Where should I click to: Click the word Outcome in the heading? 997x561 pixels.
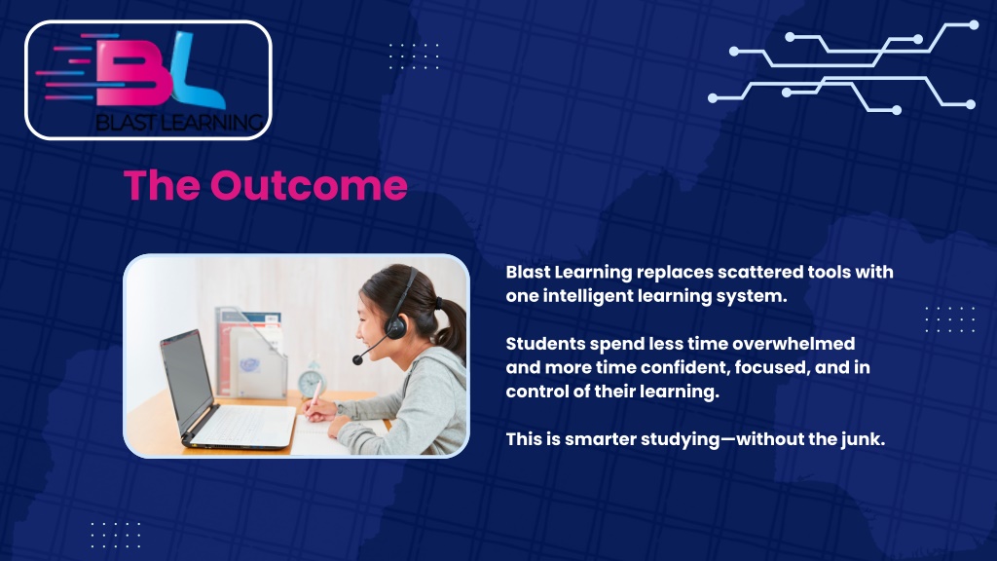point(309,185)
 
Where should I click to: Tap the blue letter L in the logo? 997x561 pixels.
point(194,70)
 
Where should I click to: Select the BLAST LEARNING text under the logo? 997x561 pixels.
point(179,122)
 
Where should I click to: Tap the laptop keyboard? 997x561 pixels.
point(245,425)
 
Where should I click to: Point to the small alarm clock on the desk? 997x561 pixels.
point(312,381)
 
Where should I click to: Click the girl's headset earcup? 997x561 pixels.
point(395,326)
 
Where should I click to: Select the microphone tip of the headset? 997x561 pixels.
point(358,360)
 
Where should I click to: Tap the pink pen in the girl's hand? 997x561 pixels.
point(314,395)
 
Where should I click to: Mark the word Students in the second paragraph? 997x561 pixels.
point(545,344)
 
